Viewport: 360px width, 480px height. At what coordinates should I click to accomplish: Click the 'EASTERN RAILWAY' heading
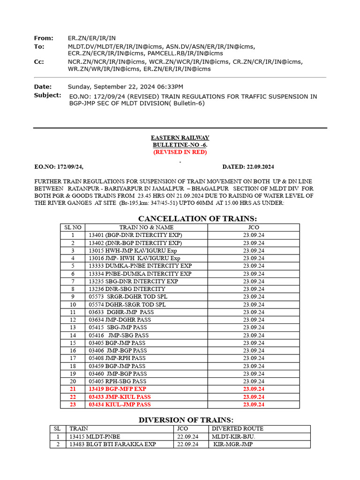pos(180,137)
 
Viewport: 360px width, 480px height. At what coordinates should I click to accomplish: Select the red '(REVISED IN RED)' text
pos(180,152)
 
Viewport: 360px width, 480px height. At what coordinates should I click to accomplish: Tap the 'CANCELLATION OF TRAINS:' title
pos(197,218)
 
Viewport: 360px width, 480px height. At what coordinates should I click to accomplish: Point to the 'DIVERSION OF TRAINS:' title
pos(186,420)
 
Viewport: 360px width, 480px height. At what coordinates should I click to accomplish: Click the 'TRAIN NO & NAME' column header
pos(146,227)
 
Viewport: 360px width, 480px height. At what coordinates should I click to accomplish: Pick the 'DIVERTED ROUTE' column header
pos(238,428)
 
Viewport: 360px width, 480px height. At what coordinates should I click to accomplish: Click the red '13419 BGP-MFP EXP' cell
pos(117,389)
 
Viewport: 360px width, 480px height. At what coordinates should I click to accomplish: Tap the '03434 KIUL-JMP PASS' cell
pos(120,404)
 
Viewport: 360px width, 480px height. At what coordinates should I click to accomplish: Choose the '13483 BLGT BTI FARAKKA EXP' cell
pos(112,444)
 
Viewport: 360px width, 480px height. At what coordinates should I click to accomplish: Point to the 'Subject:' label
pos(47,95)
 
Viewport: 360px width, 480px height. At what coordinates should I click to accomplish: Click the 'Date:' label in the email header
pos(43,87)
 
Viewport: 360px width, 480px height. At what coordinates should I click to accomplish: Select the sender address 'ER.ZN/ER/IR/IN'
pos(92,38)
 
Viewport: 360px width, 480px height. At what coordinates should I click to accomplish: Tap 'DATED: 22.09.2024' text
pos(248,167)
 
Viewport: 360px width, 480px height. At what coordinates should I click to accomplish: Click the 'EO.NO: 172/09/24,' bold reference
pos(59,167)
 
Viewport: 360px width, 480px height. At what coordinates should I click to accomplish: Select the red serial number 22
pos(72,397)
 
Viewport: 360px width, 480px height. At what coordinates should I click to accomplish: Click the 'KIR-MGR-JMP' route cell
pos(233,444)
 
